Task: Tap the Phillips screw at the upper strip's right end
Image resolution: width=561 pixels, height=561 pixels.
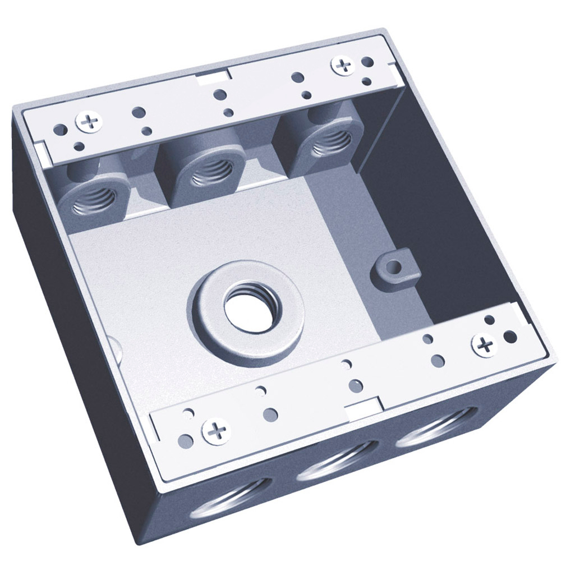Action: click(x=342, y=65)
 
